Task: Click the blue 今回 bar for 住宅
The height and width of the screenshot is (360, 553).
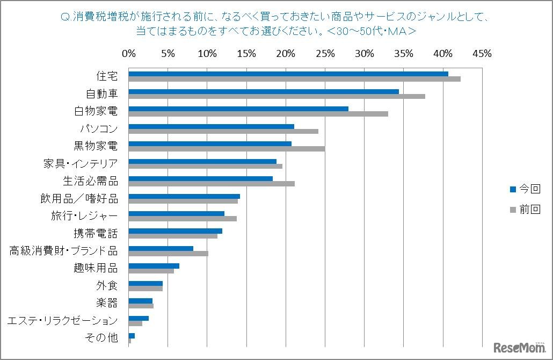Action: point(288,74)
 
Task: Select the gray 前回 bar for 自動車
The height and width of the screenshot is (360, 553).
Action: point(277,97)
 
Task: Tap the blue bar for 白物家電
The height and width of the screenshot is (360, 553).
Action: point(238,109)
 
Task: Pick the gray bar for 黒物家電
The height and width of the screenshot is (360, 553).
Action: point(227,149)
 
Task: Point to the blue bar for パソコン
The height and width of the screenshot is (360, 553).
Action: point(212,126)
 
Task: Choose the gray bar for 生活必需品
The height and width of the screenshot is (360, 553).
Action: point(212,184)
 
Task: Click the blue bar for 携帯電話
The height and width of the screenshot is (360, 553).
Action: point(176,231)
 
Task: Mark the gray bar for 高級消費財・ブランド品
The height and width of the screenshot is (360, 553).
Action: point(169,254)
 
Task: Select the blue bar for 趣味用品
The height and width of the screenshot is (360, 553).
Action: point(154,265)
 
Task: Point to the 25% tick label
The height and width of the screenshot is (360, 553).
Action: point(325,54)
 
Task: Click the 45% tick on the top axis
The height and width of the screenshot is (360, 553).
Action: point(482,54)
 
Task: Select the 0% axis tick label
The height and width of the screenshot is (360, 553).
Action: point(129,54)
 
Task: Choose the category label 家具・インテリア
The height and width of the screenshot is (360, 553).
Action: point(81,163)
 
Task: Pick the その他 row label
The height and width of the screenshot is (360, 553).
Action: point(101,338)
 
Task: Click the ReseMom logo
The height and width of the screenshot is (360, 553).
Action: point(519,347)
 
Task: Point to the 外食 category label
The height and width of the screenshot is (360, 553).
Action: point(107,286)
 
